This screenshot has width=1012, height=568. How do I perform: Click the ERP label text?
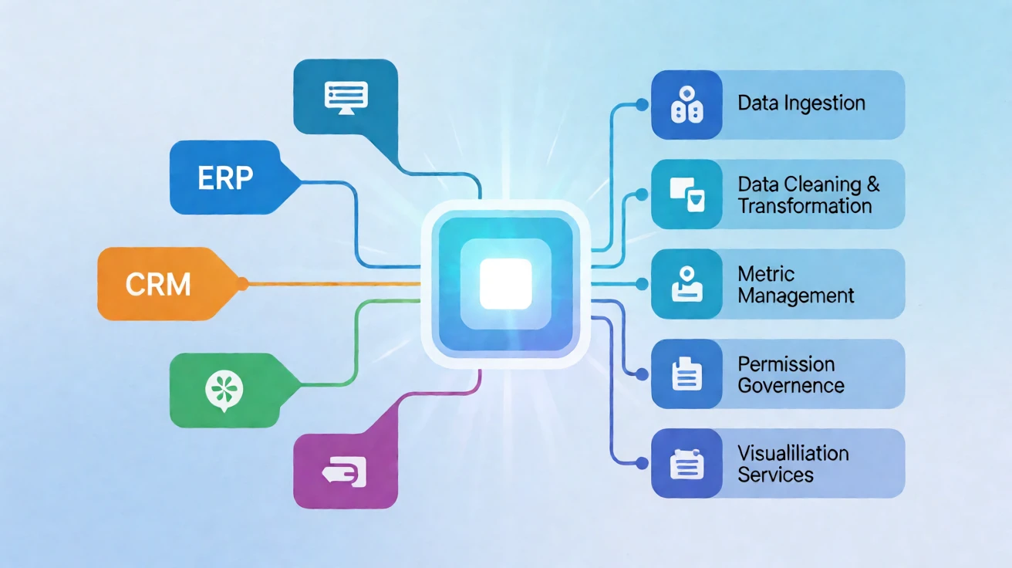[225, 177]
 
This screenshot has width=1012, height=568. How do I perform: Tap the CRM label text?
[158, 285]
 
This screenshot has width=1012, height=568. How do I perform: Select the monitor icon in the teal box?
[346, 98]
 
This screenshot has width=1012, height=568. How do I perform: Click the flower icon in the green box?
[224, 390]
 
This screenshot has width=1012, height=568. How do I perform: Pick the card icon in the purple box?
[344, 472]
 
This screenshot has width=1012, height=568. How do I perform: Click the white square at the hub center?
[505, 284]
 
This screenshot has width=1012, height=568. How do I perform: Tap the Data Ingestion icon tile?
[686, 105]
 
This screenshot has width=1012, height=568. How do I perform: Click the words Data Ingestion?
[801, 103]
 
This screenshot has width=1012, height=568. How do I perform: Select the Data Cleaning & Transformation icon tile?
[686, 194]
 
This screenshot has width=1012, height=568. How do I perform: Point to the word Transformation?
[805, 206]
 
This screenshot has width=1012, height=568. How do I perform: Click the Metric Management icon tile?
[686, 284]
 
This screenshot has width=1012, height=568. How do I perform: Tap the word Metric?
[766, 274]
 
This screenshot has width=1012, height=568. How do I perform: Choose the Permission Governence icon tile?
[686, 374]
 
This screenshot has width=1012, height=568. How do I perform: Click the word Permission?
[786, 364]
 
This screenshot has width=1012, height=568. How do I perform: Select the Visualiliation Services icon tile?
[686, 463]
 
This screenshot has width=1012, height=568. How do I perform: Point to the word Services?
[775, 475]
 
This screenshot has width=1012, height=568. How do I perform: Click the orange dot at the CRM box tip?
[242, 284]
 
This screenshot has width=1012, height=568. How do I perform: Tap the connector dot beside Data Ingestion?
[642, 105]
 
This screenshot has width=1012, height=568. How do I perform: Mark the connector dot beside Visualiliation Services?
[642, 463]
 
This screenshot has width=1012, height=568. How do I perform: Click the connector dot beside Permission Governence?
[642, 374]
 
